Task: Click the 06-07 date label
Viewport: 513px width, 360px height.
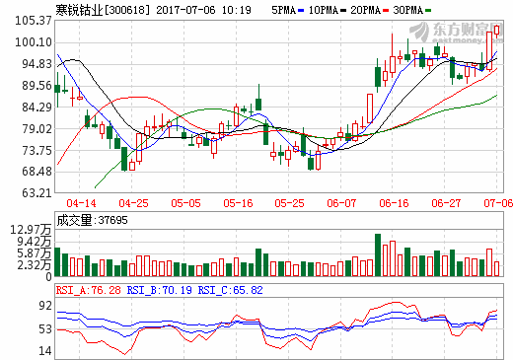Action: [341, 202]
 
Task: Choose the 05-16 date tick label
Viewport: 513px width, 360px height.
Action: [240, 202]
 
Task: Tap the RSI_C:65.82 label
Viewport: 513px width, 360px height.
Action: [229, 290]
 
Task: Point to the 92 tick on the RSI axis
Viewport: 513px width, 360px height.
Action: [43, 306]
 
